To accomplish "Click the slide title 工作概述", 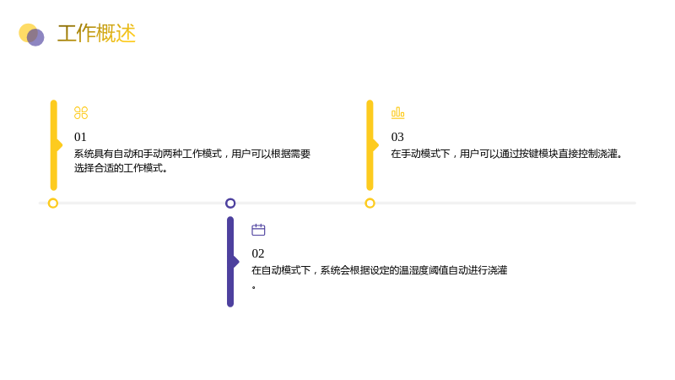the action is pos(96,34).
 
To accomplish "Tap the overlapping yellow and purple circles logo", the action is pos(31,35).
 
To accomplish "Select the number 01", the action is pos(80,137).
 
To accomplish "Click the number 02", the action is pos(258,253).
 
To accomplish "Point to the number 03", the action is pos(397,137).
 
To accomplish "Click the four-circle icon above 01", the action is pos(81,113).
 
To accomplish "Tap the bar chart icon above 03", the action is pos(397,113).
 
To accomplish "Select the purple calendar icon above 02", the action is pos(258,230).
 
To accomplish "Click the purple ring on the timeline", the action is pos(230,198).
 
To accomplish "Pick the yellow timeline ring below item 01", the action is pos(53,198).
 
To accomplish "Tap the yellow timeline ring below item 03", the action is pos(370,198).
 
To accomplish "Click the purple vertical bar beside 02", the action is pos(230,262).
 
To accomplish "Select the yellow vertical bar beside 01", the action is pos(54,145).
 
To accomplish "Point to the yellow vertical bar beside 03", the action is pos(370,145).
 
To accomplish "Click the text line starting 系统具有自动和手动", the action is pos(192,154).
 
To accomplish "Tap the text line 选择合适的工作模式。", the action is pos(121,168).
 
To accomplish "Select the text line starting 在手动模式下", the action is pos(507,154).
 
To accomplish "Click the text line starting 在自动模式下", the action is pos(379,270).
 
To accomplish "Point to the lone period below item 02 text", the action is pos(254,287).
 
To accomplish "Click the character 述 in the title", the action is pos(126,34).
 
